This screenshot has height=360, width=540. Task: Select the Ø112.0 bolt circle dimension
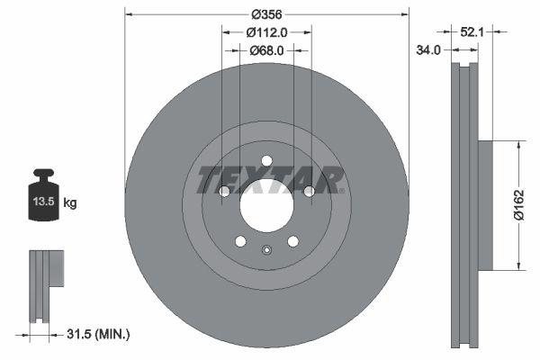266,32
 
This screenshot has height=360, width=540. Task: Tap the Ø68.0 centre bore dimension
266,50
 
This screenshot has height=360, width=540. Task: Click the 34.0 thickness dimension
428,50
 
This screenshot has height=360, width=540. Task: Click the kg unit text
70,203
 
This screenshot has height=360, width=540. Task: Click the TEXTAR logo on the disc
266,179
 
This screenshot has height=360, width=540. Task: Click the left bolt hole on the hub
224,191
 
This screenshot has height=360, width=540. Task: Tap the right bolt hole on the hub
309,191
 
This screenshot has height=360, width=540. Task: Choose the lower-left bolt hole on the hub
240,241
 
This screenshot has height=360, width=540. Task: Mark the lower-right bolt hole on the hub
292,241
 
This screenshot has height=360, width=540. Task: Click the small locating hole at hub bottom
266,251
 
